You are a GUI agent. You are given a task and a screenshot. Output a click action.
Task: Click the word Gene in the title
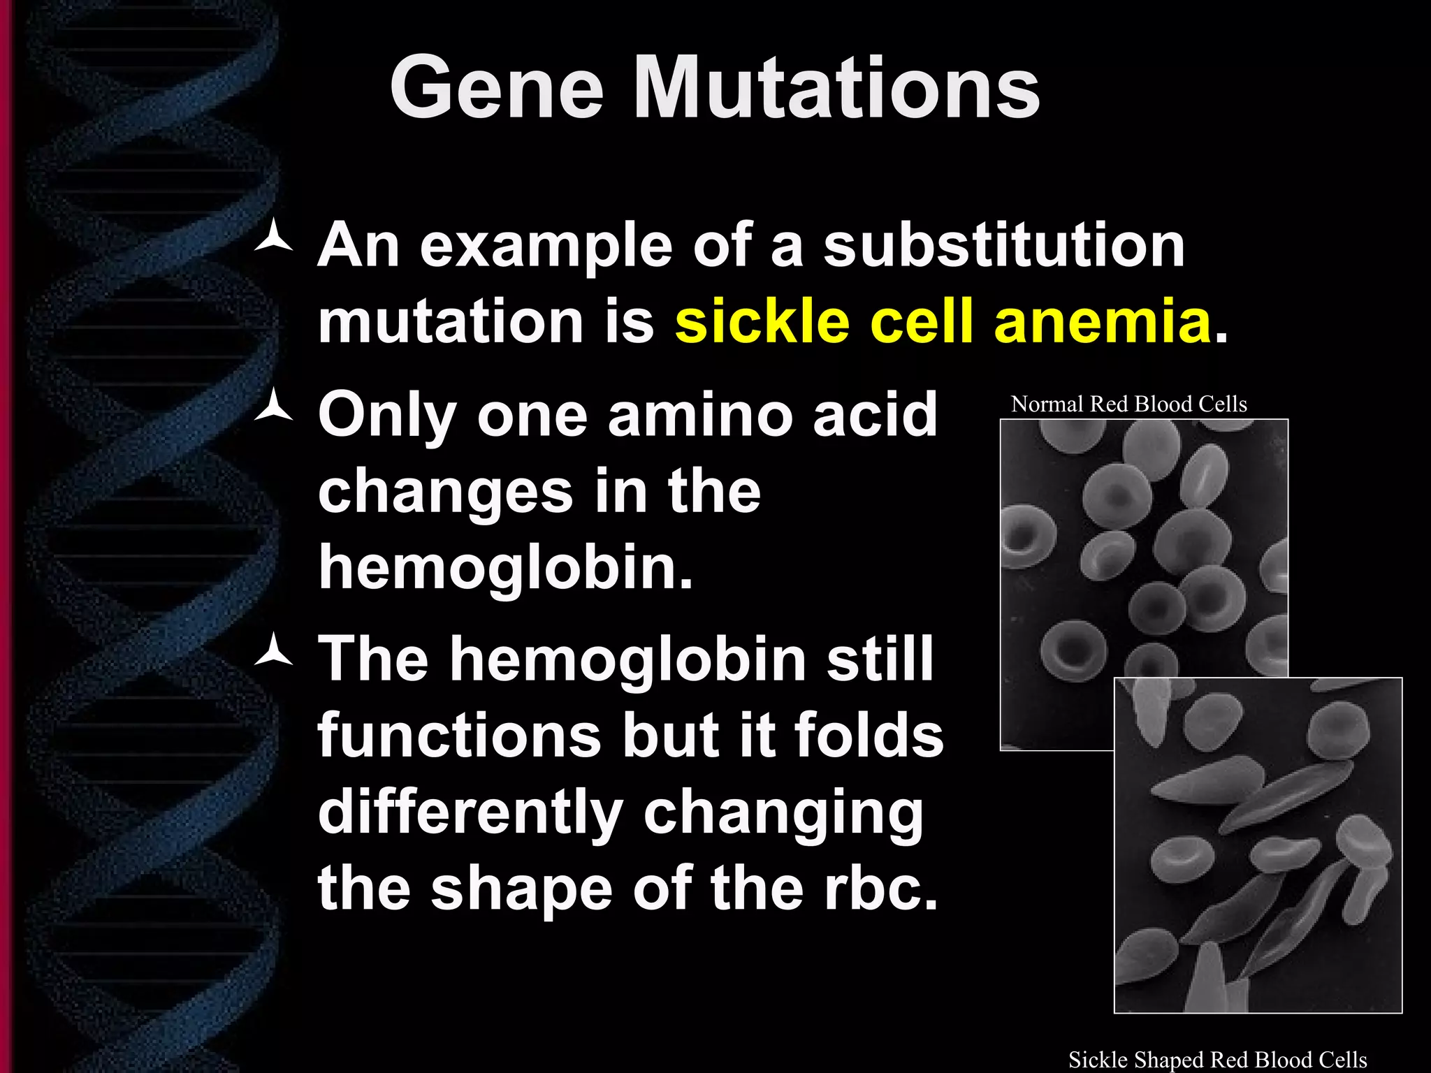pos(496,89)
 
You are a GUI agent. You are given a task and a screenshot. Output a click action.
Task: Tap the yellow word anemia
pos(1102,323)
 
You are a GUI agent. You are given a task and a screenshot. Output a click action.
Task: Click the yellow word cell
pos(921,323)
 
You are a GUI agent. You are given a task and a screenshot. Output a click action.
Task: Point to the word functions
pos(459,735)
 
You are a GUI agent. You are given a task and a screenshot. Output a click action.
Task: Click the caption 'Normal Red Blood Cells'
pos(1128,404)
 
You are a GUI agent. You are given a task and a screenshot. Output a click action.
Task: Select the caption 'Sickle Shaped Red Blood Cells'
pos(1217,1060)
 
